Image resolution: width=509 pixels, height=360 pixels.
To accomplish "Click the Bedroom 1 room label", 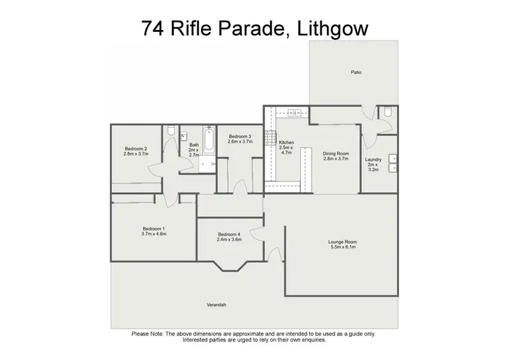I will [154, 228].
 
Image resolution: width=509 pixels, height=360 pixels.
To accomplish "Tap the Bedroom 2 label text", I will [136, 149].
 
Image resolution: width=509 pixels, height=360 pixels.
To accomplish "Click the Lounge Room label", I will [343, 242].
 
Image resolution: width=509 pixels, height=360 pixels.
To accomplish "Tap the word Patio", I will [356, 71].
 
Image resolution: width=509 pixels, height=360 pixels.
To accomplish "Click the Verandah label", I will [216, 305].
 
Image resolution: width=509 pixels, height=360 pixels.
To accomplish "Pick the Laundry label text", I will [374, 160].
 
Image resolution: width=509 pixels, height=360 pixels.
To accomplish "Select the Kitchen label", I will [286, 143].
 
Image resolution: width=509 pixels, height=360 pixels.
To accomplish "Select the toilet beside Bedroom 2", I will [171, 131].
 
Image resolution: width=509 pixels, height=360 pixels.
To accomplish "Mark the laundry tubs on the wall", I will [392, 161].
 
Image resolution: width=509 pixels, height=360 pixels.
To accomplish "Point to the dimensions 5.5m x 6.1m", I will [343, 247].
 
